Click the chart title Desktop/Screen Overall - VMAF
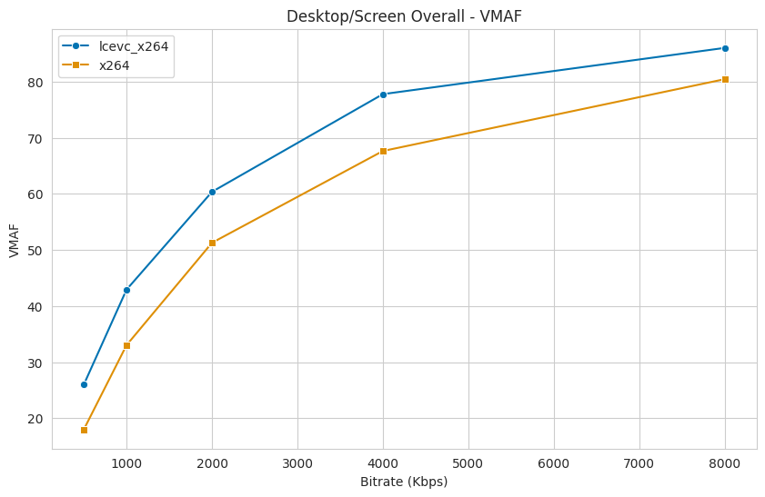tap(404, 16)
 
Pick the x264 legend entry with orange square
tap(114, 65)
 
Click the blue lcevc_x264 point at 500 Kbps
tap(84, 384)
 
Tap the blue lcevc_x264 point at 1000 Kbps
tap(126, 290)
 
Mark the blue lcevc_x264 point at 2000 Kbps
tap(212, 192)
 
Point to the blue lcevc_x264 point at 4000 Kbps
tap(383, 94)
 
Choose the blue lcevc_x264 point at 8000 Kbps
tap(725, 48)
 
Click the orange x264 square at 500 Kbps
tap(84, 430)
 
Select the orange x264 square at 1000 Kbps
tap(126, 345)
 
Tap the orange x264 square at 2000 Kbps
tap(212, 243)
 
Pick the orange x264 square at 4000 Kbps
tap(383, 151)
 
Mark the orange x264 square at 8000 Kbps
tap(725, 79)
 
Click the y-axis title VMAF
tap(14, 241)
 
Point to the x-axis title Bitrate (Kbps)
tap(404, 482)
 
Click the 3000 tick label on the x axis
tap(297, 462)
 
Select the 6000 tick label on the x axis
tap(554, 462)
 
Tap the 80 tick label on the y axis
tap(36, 83)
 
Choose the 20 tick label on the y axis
tap(36, 419)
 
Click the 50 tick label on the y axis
tap(36, 251)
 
